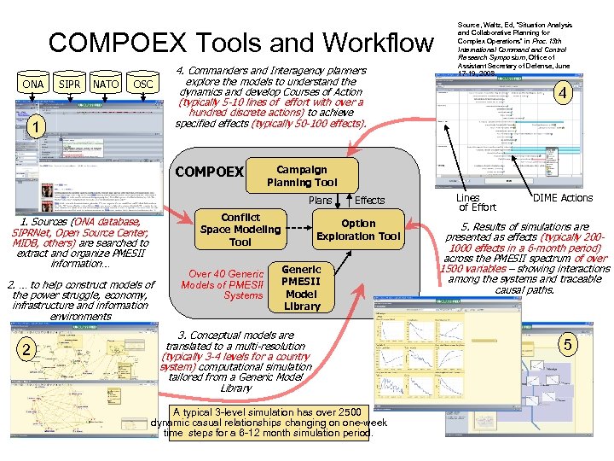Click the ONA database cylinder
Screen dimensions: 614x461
click(x=32, y=85)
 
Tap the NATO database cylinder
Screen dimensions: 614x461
click(x=106, y=85)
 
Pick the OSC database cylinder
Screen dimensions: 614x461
click(x=143, y=85)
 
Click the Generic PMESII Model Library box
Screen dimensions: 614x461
click(x=301, y=287)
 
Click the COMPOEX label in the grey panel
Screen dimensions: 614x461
click(x=209, y=172)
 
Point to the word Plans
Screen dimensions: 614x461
click(x=321, y=201)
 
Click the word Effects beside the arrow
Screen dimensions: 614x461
click(x=369, y=201)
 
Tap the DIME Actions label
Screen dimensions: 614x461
click(x=562, y=198)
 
